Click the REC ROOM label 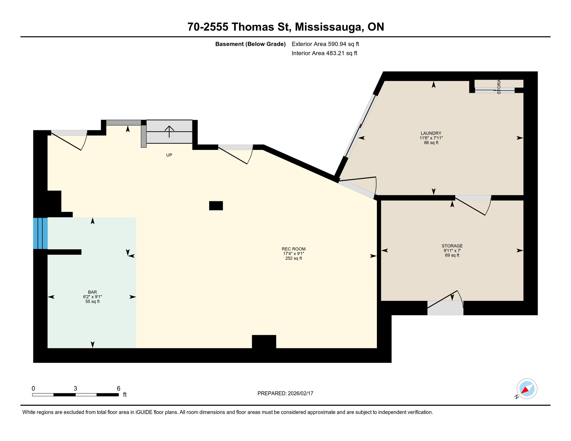tap(293, 249)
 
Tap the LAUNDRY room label tap(431, 133)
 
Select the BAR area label tap(92, 292)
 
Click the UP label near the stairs tap(169, 155)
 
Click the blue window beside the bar tap(40, 233)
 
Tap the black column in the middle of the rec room tap(216, 206)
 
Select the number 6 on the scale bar tap(118, 388)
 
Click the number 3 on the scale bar tap(75, 388)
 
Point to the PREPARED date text tap(285, 393)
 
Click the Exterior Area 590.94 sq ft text tap(325, 44)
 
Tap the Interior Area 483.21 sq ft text tap(324, 53)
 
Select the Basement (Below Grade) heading tap(250, 44)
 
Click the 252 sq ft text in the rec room tap(293, 258)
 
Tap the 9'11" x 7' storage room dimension tap(452, 251)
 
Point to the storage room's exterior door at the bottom tap(445, 308)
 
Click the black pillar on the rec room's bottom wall tap(264, 341)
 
